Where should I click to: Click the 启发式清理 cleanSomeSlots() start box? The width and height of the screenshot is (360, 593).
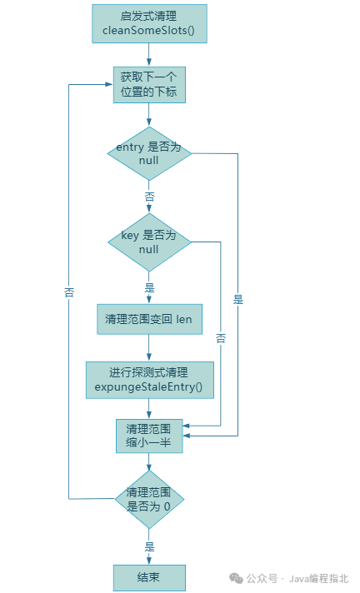[x=149, y=23]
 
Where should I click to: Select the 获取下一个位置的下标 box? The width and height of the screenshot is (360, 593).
[x=149, y=85]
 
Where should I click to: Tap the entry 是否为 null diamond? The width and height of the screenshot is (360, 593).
[x=149, y=152]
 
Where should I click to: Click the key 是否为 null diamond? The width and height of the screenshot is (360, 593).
[x=149, y=242]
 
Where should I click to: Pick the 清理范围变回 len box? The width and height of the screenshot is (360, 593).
[x=149, y=318]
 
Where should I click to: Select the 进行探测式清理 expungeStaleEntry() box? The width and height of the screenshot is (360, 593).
[x=149, y=380]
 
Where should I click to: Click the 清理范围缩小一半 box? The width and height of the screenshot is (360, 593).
[x=149, y=435]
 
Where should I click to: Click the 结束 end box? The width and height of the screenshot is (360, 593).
[x=149, y=576]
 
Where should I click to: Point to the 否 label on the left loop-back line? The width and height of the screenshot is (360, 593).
[x=69, y=292]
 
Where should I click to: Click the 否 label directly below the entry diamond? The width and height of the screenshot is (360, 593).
[x=149, y=197]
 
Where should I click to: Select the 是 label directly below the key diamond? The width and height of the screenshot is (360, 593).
[x=149, y=287]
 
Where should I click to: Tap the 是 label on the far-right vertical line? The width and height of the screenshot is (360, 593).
[x=238, y=299]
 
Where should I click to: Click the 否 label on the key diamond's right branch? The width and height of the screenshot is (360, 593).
[x=221, y=338]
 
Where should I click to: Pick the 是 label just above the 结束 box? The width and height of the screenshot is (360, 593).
[x=149, y=546]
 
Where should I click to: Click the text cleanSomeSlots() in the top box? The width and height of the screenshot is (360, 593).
[x=149, y=32]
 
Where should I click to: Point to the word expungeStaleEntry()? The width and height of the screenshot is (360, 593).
[x=149, y=387]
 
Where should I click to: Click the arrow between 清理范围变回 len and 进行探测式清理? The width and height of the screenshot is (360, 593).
[x=149, y=347]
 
